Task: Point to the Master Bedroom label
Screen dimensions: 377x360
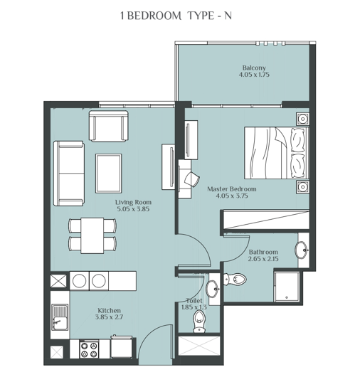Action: tap(231, 189)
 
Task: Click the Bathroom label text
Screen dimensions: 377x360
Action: tap(263, 253)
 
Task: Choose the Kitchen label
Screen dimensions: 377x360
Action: tap(109, 312)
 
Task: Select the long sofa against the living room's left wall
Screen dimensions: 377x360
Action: tap(69, 172)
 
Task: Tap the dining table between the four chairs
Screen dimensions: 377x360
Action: tap(92, 235)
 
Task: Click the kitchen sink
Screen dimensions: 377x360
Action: tap(60, 318)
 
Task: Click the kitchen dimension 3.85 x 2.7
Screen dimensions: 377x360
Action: tap(109, 319)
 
